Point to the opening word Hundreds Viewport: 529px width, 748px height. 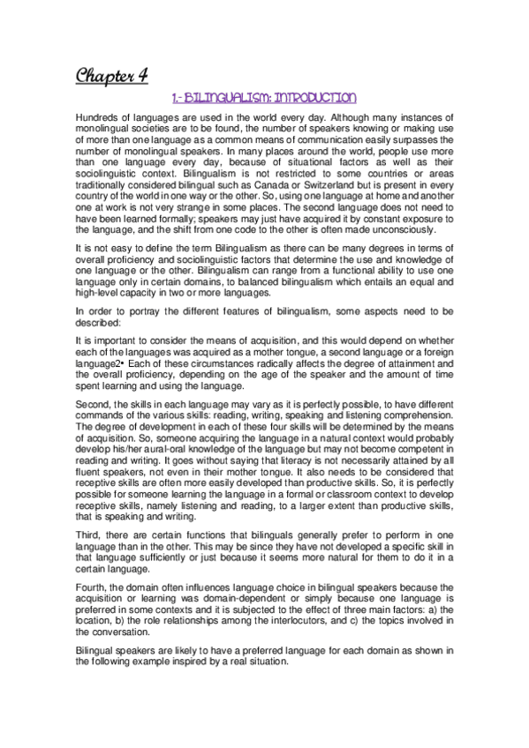pos(97,118)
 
